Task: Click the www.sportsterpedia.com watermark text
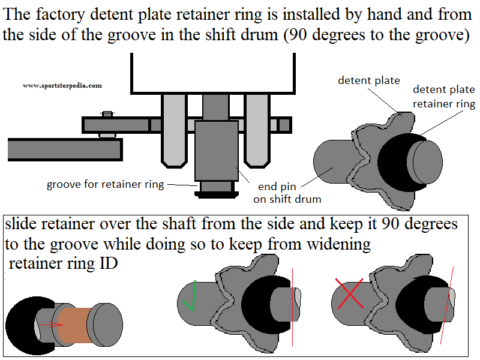(62, 86)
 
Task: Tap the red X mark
(351, 295)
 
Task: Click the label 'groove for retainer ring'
(106, 184)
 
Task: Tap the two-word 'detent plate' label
(368, 80)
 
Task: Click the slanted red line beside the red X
(446, 312)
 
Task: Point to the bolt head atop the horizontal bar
(107, 114)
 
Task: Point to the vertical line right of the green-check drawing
(293, 306)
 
